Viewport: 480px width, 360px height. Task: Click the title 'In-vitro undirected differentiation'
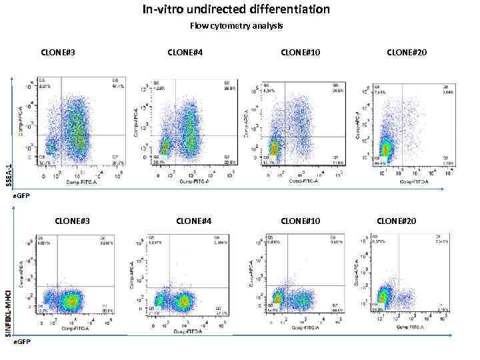click(x=236, y=9)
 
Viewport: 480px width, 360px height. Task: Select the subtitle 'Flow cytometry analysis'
click(x=236, y=26)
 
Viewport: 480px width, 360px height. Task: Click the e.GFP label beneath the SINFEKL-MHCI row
click(x=23, y=341)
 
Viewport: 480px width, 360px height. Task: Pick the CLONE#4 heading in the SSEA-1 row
click(x=185, y=51)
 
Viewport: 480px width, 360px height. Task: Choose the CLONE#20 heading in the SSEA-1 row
click(x=406, y=51)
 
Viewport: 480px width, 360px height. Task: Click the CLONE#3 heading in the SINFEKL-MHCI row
click(x=72, y=221)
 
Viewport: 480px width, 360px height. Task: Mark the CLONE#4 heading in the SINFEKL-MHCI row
click(x=194, y=221)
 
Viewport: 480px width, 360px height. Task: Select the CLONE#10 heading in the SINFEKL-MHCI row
click(x=301, y=221)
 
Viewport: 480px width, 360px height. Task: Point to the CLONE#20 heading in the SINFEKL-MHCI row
click(x=396, y=221)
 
